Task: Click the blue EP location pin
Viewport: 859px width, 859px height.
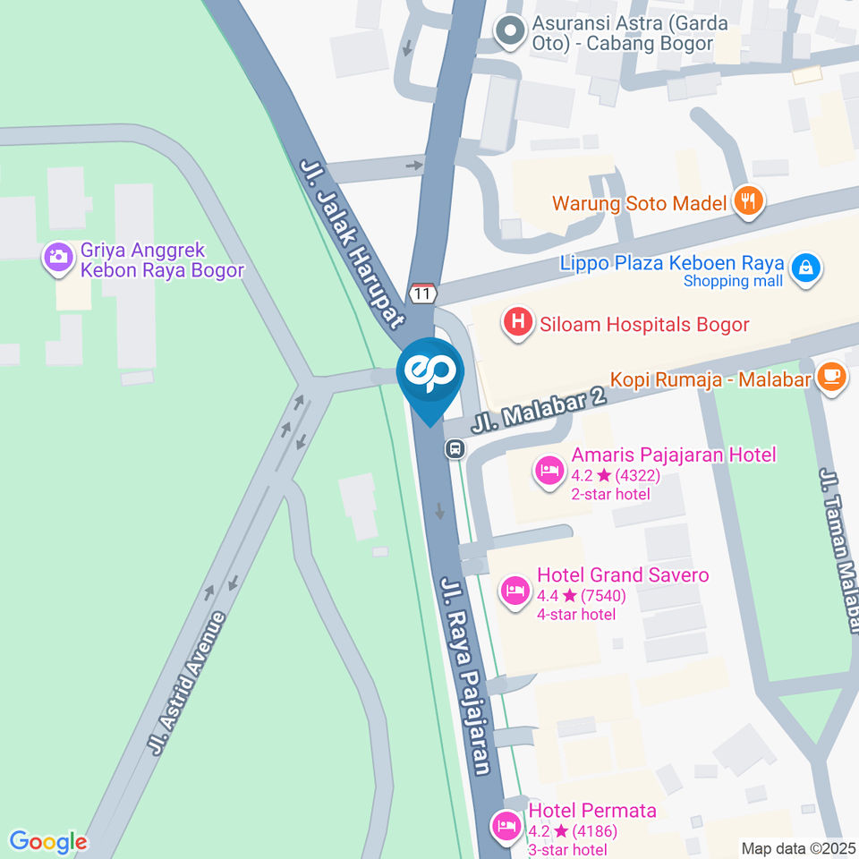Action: (x=429, y=371)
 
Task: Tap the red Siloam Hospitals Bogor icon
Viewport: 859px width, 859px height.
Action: (x=517, y=323)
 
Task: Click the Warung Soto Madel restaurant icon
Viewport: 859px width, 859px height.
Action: (x=746, y=202)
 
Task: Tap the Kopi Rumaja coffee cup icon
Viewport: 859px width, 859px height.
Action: (x=831, y=378)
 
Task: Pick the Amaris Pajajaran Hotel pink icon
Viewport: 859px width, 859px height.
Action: (x=549, y=470)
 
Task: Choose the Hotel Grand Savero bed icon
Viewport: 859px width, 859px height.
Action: (x=514, y=591)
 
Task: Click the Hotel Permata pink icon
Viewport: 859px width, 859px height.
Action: (x=506, y=824)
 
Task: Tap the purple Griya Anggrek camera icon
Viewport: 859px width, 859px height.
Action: (x=59, y=258)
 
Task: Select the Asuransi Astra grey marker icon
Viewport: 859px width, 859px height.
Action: (x=511, y=31)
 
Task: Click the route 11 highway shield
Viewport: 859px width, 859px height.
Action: (x=423, y=293)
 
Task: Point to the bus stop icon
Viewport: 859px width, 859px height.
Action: (x=455, y=448)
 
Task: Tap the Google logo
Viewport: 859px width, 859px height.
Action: (x=48, y=841)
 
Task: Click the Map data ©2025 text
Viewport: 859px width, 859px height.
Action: (x=798, y=848)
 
